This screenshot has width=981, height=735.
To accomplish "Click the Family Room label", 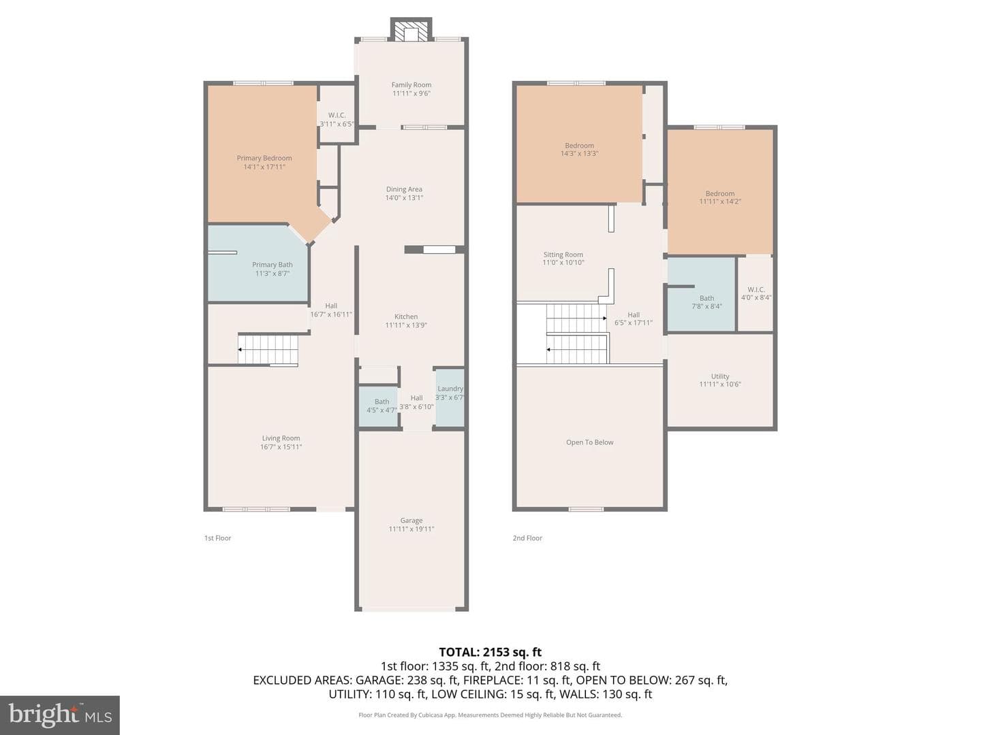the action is (411, 85).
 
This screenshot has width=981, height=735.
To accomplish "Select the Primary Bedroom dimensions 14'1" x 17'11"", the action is (264, 167).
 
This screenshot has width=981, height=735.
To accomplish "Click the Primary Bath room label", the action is (272, 265).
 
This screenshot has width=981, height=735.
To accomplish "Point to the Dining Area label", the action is (404, 189).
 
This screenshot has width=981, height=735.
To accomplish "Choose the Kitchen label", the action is (406, 316).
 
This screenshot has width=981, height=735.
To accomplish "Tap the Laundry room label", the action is (450, 389).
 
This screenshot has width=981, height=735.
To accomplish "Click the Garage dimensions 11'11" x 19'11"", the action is (411, 529).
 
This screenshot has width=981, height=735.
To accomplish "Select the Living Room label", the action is (281, 438).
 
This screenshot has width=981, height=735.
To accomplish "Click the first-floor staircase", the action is (268, 349).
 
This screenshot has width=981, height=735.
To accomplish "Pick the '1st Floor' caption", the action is (217, 538).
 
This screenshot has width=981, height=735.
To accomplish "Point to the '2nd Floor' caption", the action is (527, 538).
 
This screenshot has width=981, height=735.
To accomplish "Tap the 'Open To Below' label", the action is (589, 442).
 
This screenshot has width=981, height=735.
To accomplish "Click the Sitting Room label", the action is (563, 255).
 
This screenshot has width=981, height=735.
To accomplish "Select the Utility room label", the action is (720, 376).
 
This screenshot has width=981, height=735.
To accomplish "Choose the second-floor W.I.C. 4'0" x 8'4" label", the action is (756, 293).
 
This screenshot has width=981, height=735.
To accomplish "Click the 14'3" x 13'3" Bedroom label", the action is (579, 150).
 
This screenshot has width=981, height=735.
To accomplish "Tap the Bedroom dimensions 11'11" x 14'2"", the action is (720, 201).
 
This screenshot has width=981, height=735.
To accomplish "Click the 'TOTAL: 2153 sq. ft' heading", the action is (490, 653).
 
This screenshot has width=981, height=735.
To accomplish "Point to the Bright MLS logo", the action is (60, 715).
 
